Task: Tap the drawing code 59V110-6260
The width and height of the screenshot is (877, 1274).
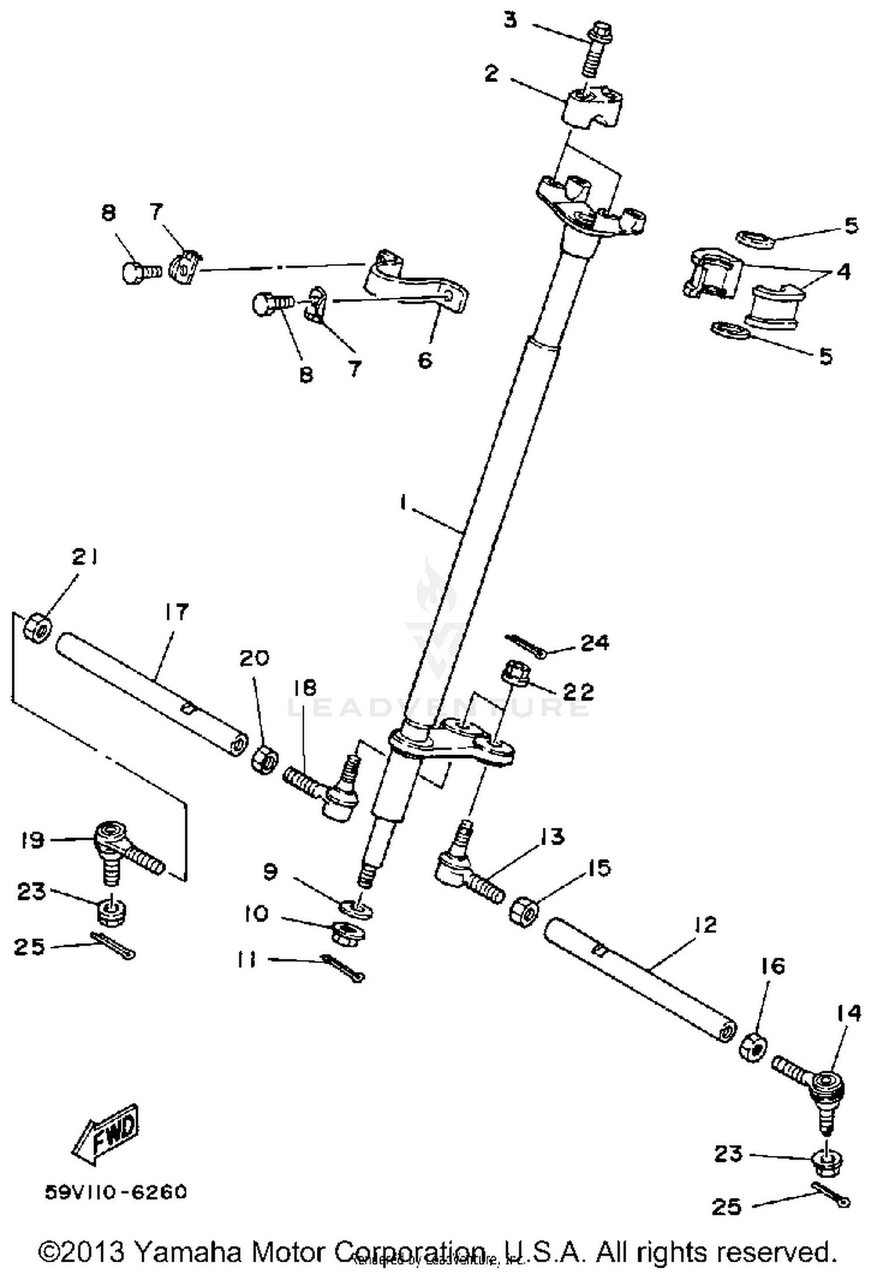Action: pyautogui.click(x=116, y=1192)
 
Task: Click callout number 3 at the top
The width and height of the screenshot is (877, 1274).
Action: pyautogui.click(x=510, y=21)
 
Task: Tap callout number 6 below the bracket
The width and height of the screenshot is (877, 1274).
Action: pyautogui.click(x=425, y=360)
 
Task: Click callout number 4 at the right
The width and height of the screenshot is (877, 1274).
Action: pyautogui.click(x=844, y=271)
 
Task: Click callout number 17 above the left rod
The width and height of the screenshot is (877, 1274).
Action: pyautogui.click(x=176, y=612)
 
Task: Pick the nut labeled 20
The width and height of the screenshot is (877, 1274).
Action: pyautogui.click(x=264, y=758)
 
